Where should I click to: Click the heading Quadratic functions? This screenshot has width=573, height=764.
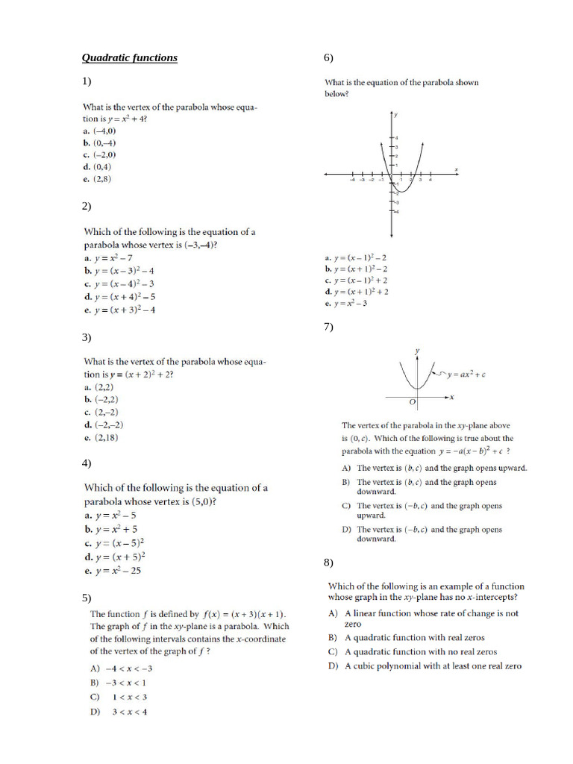(x=129, y=57)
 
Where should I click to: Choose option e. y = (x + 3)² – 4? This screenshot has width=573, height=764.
(x=119, y=310)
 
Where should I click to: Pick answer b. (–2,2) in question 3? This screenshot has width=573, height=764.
(x=101, y=399)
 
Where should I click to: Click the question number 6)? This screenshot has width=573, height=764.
(x=328, y=57)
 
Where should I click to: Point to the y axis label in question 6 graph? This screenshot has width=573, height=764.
(x=395, y=115)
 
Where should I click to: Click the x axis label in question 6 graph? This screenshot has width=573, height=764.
(x=456, y=167)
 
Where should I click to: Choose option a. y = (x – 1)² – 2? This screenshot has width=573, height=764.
(x=356, y=257)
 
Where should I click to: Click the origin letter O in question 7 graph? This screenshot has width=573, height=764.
(x=412, y=402)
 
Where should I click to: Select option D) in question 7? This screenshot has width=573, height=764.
(x=429, y=534)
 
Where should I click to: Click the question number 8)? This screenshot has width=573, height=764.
(x=328, y=562)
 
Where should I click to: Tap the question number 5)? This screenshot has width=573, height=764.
(x=87, y=598)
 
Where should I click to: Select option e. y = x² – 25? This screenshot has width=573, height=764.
(x=113, y=571)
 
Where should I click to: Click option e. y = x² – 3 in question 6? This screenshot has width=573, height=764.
(x=345, y=304)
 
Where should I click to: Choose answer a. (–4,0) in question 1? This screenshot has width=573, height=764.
(x=99, y=131)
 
